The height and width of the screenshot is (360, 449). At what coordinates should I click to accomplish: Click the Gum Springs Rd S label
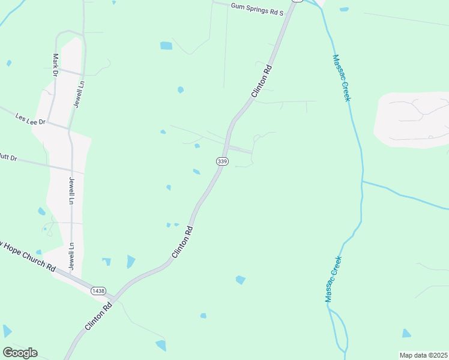click(x=258, y=7)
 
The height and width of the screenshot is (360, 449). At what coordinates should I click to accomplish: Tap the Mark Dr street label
click(x=55, y=64)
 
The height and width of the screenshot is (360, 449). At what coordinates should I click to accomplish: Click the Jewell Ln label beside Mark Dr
click(x=77, y=95)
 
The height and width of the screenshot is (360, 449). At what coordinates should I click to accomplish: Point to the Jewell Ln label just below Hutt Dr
click(x=71, y=191)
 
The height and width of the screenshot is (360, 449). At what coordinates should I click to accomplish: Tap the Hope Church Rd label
click(x=27, y=257)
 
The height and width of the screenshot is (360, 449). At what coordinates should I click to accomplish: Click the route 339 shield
click(x=222, y=161)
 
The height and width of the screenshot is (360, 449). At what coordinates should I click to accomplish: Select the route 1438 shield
click(x=98, y=290)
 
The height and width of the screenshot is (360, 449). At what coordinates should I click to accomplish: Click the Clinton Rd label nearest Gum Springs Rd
click(x=262, y=82)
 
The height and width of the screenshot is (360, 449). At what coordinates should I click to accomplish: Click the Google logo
click(x=20, y=353)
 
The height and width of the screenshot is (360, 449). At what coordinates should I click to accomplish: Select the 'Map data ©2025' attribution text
click(x=423, y=355)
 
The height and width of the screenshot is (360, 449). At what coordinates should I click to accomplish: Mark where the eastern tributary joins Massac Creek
click(x=363, y=181)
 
